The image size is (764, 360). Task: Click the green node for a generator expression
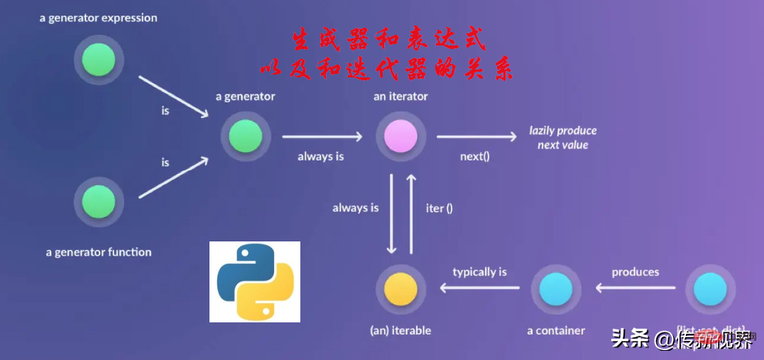[x=99, y=60]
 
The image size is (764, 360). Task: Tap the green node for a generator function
[x=99, y=202]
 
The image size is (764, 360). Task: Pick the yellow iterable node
[x=400, y=289]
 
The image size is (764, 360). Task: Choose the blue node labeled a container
[x=556, y=289]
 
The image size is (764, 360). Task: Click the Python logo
[x=255, y=282]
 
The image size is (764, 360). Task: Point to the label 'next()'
[x=474, y=156]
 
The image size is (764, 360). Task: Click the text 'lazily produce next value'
[x=562, y=138]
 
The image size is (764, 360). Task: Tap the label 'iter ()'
[x=440, y=208]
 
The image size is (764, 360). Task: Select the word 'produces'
[x=635, y=272]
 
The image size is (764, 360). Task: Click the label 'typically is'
[x=480, y=272]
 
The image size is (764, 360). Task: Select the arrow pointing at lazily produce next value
[x=476, y=137]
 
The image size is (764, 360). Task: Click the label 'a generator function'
[x=99, y=252]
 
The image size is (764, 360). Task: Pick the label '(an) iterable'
[x=400, y=330]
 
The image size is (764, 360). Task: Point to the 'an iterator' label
[x=400, y=96]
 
